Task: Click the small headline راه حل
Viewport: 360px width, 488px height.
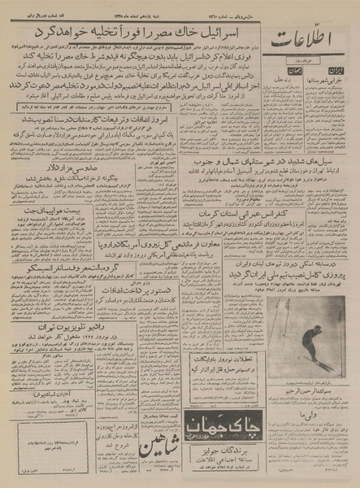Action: coord(294,94)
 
